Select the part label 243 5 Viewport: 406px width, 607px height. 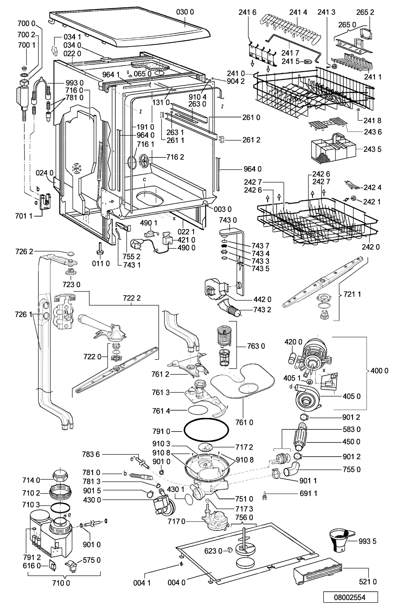pos(372,149)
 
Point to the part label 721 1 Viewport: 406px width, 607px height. pos(352,294)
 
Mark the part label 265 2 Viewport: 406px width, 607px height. pos(365,12)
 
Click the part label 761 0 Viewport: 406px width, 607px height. pos(245,422)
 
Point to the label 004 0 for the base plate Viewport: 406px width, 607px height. pos(176,583)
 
